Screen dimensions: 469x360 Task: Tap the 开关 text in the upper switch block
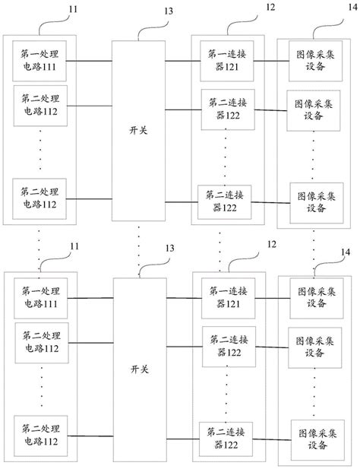tap(138, 129)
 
